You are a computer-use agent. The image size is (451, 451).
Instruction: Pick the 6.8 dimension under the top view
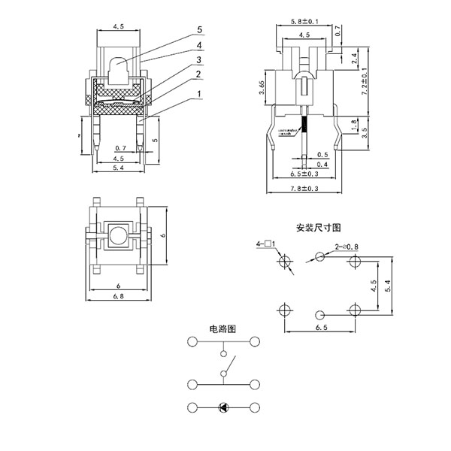[x=118, y=297]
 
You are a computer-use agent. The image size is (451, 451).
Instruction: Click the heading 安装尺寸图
[x=319, y=226]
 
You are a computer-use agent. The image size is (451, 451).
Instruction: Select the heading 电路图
[x=223, y=328]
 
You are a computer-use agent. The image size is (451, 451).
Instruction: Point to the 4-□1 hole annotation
[x=267, y=244]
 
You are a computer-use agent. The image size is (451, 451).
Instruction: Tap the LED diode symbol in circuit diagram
[x=223, y=407]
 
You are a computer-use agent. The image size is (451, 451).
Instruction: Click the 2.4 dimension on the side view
[x=355, y=56]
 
